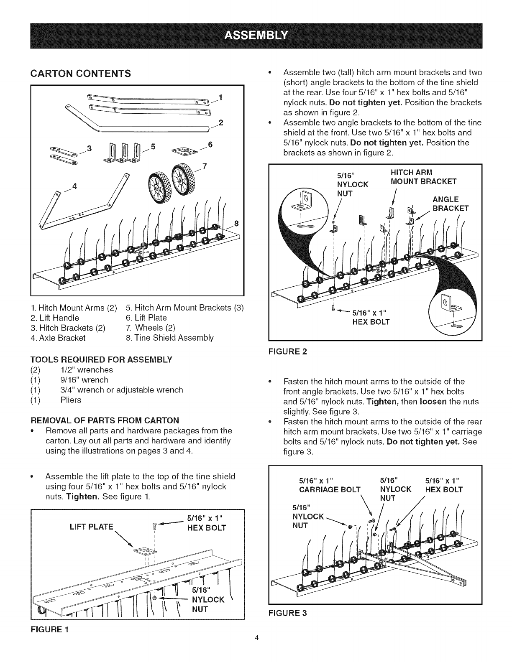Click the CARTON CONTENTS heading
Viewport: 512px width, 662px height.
[x=80, y=74]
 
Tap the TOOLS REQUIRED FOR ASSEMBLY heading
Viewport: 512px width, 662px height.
[x=101, y=360]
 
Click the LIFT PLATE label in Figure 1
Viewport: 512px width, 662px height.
[x=91, y=527]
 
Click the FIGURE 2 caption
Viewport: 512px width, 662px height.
[x=288, y=351]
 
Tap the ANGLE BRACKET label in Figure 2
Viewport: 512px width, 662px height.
[x=451, y=204]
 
